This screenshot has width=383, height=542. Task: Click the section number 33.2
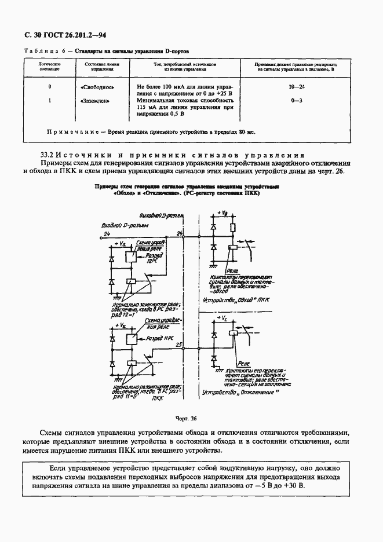49,155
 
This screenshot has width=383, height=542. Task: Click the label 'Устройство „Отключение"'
235,394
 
